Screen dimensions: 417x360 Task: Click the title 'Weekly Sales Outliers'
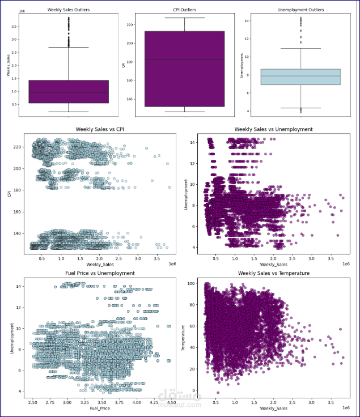pyautogui.click(x=69, y=10)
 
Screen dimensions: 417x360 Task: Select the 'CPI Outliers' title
pyautogui.click(x=185, y=10)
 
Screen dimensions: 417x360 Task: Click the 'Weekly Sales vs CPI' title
pyautogui.click(x=96, y=129)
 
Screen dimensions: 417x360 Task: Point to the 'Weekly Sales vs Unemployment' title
pyautogui.click(x=273, y=129)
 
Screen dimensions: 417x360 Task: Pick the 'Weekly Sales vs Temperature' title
pyautogui.click(x=273, y=273)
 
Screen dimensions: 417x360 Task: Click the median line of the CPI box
pyautogui.click(x=185, y=59)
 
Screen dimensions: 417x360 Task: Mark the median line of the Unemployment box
pyautogui.click(x=300, y=76)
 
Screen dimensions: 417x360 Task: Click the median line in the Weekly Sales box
pyautogui.click(x=69, y=92)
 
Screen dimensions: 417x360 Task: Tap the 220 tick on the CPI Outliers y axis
pyautogui.click(x=130, y=25)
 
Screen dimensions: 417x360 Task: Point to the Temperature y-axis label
pyautogui.click(x=183, y=337)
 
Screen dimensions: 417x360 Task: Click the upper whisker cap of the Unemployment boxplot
pyautogui.click(x=300, y=49)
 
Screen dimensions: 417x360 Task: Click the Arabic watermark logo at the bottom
pyautogui.click(x=170, y=395)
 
